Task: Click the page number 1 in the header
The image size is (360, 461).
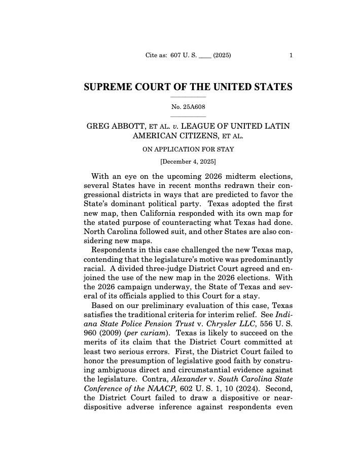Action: click(x=291, y=56)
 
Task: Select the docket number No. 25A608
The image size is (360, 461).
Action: click(x=188, y=106)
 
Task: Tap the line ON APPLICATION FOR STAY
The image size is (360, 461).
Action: click(x=188, y=149)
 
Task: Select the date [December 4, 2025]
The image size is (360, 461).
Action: click(x=188, y=162)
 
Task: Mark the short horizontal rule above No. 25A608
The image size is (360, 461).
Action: click(x=188, y=97)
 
